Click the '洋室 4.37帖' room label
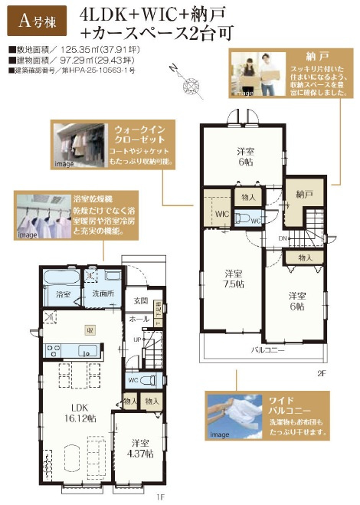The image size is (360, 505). (x=140, y=448)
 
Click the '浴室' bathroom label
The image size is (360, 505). (x=63, y=293)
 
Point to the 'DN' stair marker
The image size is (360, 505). (x=281, y=239)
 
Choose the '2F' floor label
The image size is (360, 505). (x=322, y=373)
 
